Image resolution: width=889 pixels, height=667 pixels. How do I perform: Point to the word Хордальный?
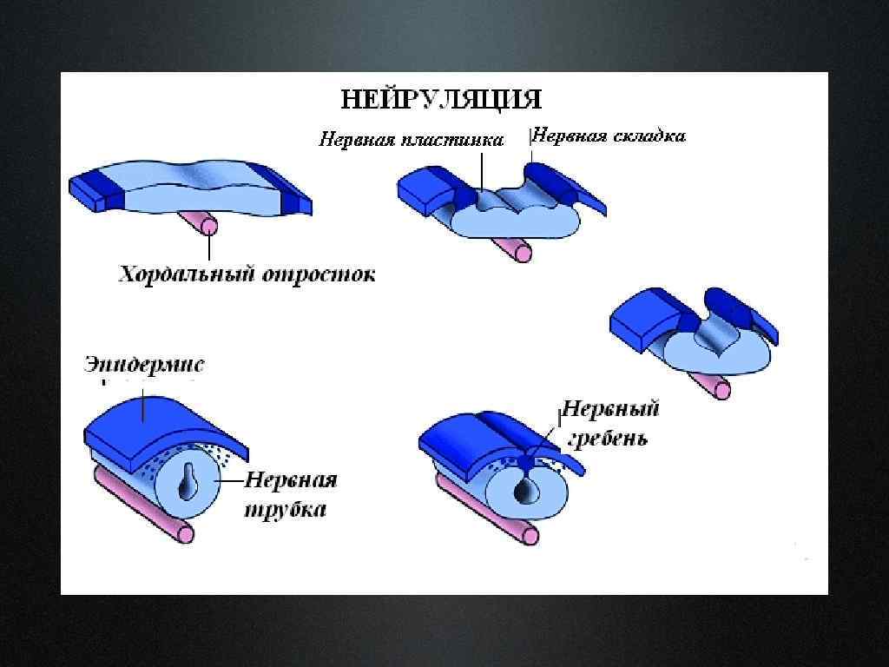(x=180, y=275)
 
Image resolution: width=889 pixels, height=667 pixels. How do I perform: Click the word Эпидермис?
(x=145, y=364)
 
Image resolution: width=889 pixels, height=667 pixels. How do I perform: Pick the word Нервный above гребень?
(x=611, y=409)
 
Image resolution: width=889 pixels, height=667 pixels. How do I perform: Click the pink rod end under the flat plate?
(x=208, y=226)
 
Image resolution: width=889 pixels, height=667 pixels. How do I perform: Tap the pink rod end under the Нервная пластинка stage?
(x=522, y=252)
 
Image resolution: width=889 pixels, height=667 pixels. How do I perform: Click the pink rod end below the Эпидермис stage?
(x=184, y=532)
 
